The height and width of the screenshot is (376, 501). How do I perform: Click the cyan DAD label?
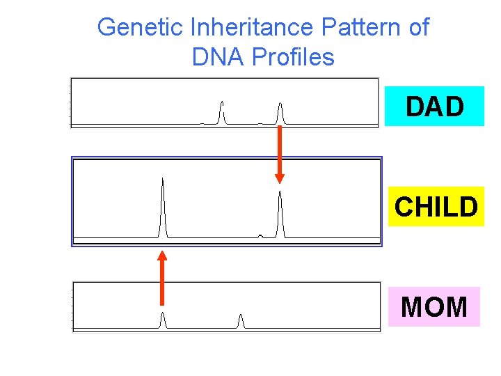click(x=434, y=107)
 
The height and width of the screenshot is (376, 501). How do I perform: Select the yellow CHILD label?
click(x=436, y=207)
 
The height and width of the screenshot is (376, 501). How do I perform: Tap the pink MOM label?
click(x=434, y=306)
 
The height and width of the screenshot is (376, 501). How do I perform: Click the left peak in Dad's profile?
click(x=222, y=112)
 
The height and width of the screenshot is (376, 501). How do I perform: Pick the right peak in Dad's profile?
click(x=280, y=113)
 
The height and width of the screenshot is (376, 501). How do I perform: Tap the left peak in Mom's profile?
click(x=163, y=320)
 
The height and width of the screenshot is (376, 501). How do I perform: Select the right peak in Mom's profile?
click(x=241, y=321)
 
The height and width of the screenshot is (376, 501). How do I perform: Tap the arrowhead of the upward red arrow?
click(x=162, y=256)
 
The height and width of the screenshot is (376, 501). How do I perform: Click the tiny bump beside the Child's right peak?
click(x=260, y=235)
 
